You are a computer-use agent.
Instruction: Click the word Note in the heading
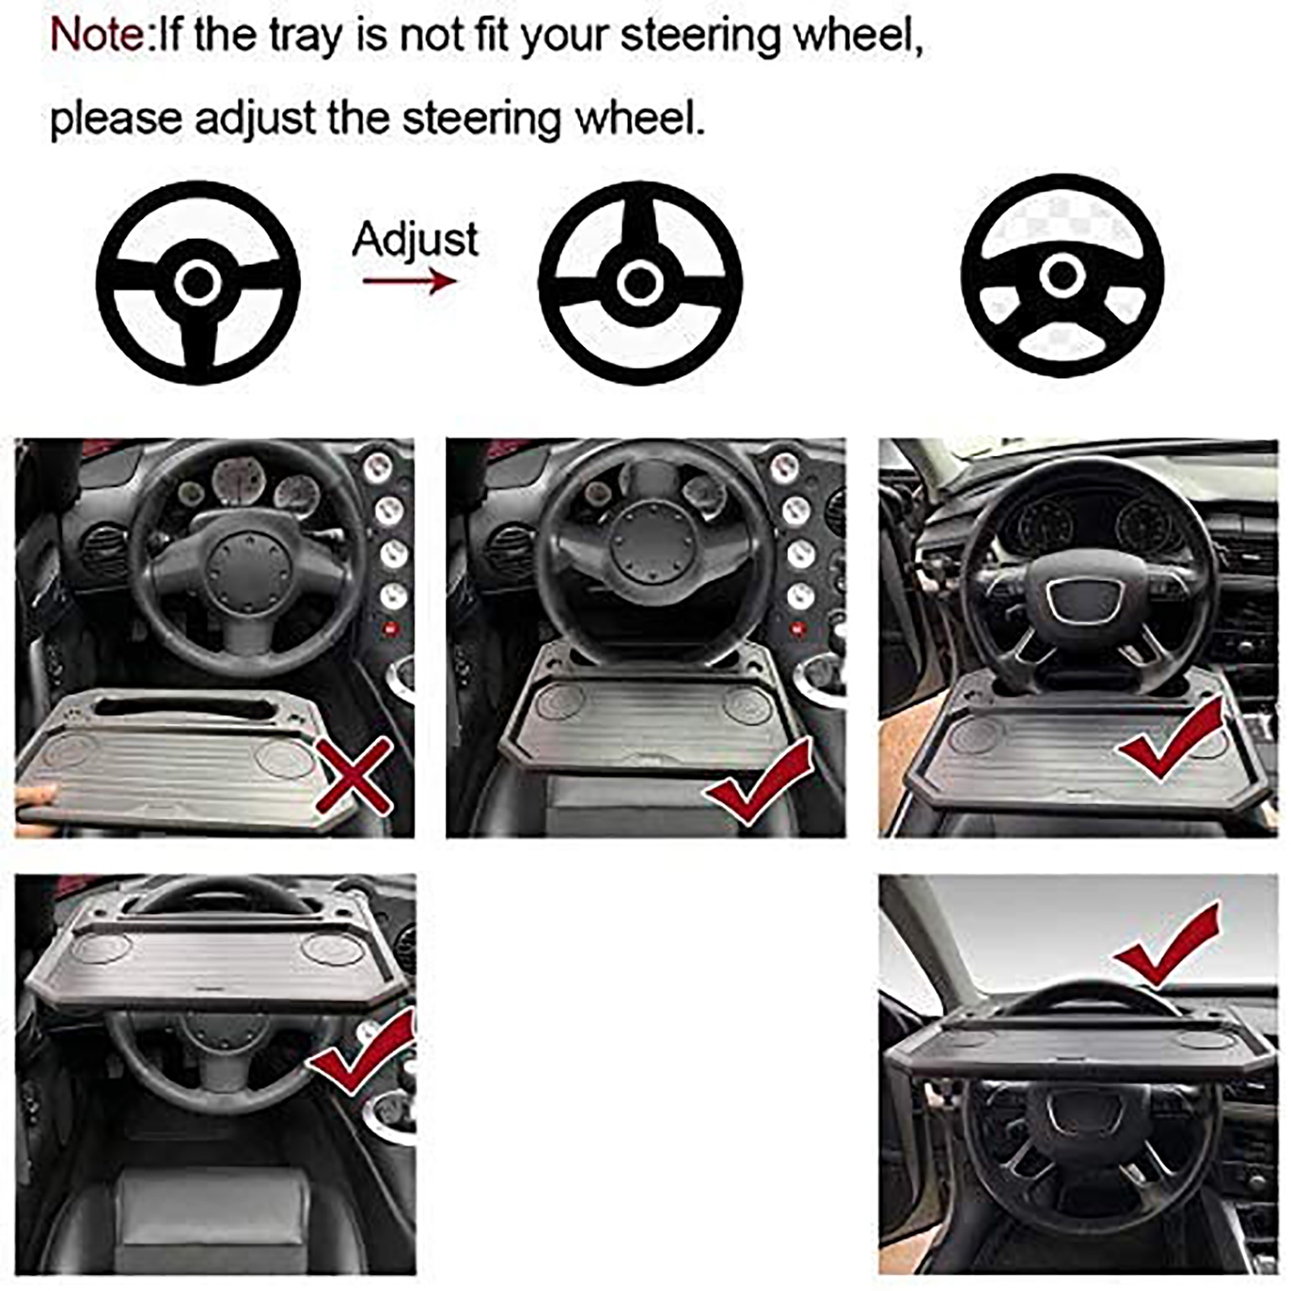point(97,36)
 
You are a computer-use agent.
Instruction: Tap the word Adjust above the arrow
point(416,240)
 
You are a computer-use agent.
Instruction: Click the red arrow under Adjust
point(409,281)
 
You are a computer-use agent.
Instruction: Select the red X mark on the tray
point(353,775)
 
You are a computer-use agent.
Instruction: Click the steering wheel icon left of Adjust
point(198,282)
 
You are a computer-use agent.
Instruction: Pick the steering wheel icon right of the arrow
point(640,282)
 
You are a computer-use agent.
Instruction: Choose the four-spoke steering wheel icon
point(1063,275)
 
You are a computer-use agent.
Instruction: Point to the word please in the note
point(116,119)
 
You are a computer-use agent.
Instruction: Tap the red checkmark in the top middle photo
point(758,783)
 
